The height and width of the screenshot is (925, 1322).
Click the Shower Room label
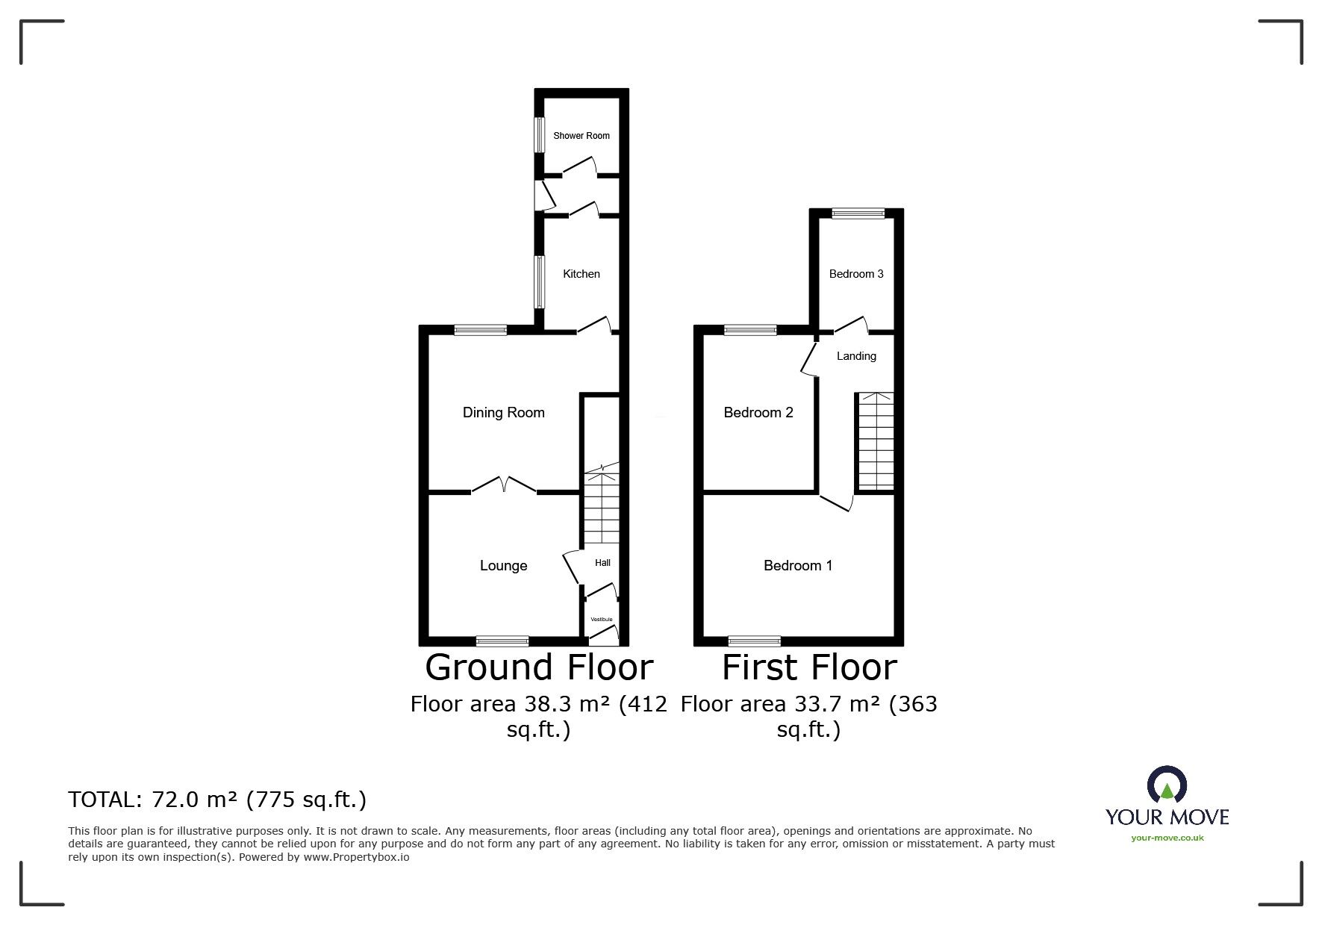[581, 136]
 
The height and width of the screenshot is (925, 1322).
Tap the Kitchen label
[581, 274]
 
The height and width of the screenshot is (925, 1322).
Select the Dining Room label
[503, 413]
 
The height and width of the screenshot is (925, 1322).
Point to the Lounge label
[503, 566]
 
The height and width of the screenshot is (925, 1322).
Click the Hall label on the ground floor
[602, 563]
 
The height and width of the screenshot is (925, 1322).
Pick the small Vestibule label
[602, 620]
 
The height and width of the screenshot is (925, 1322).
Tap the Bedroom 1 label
[797, 566]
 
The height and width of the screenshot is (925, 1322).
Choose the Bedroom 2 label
[758, 413]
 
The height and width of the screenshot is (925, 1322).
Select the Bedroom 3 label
[856, 274]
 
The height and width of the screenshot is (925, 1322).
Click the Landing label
[856, 356]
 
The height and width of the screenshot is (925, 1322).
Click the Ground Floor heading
[539, 667]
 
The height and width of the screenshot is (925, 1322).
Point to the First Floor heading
[809, 667]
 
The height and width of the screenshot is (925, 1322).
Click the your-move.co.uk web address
[1167, 838]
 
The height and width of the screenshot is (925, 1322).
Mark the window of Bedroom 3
[858, 214]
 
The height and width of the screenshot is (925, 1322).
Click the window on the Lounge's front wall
[502, 641]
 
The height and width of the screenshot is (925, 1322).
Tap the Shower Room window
[538, 135]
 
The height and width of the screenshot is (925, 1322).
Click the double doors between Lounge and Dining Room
[504, 485]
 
